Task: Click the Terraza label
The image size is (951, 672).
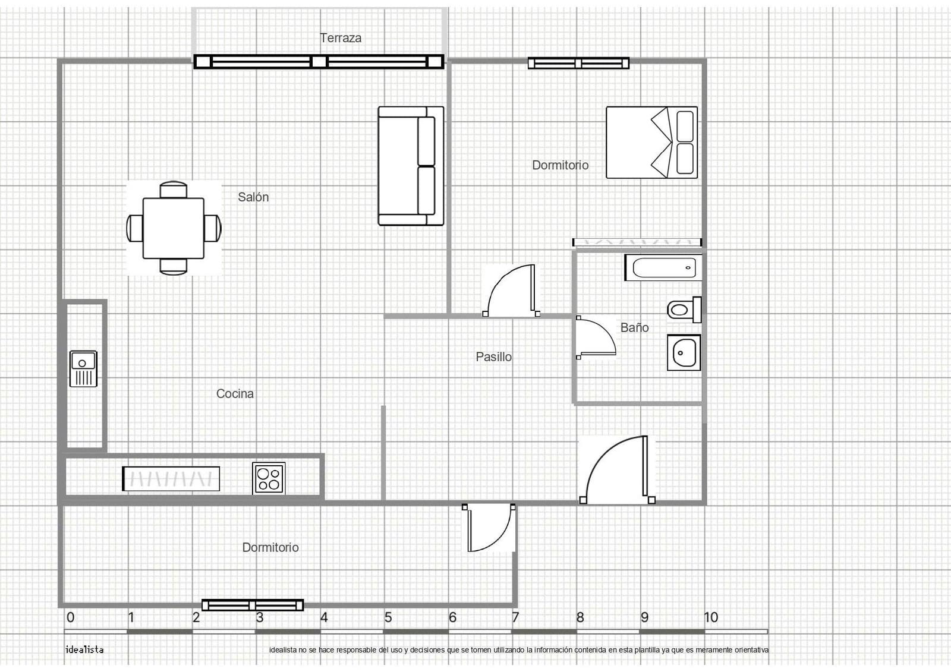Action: click(341, 38)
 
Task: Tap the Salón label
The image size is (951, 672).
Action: click(253, 197)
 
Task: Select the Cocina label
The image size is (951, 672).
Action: click(235, 394)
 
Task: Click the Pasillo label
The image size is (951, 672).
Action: click(493, 357)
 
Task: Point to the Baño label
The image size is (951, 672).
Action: click(634, 328)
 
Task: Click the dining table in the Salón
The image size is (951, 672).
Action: click(174, 228)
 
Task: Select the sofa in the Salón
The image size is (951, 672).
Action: click(411, 166)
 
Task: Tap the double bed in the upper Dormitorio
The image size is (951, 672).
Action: click(651, 143)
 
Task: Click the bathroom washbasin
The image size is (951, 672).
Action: click(684, 352)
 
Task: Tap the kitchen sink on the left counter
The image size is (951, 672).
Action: click(83, 368)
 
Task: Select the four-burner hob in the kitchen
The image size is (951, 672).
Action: click(269, 478)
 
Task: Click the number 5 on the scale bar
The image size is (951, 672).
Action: click(388, 617)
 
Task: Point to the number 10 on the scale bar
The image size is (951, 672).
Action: click(711, 617)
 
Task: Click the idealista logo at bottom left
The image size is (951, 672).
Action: click(84, 649)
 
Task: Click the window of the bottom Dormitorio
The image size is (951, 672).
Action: click(253, 605)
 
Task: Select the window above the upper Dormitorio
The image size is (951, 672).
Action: click(578, 63)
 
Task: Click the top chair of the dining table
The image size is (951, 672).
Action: click(174, 189)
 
